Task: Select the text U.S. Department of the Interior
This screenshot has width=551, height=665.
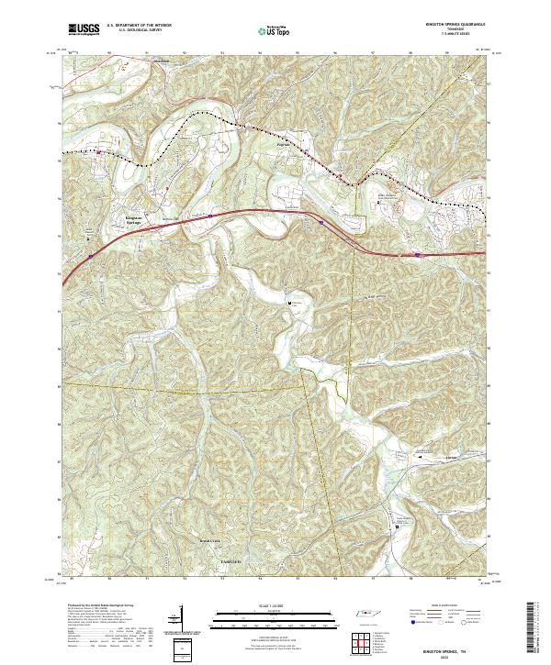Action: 139,27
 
